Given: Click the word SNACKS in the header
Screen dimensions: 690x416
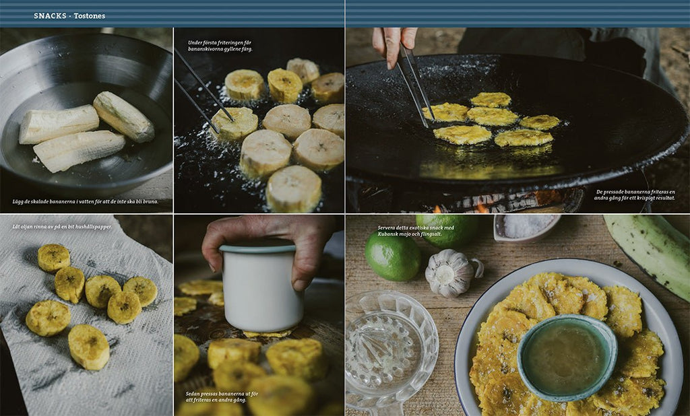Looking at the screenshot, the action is pos(50,16).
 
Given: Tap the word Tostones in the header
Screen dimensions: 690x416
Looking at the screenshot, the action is pos(90,16).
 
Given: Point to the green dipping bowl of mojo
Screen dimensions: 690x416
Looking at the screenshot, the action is pos(567,357).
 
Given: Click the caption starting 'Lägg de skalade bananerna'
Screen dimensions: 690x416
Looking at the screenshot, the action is pos(86,201).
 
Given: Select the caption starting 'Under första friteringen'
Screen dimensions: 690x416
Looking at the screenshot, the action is pos(220,46).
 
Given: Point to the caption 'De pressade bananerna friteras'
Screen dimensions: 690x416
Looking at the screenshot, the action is pos(635,195).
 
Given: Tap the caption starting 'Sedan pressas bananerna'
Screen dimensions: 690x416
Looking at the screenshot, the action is pos(222,396).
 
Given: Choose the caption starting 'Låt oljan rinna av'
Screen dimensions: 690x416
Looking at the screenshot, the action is pos(62,226).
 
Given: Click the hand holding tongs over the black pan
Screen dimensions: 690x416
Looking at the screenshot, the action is pos(393,44).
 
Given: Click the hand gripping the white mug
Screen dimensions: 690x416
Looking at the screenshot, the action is pos(268,246).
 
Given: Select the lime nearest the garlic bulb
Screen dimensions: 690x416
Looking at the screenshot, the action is pos(392,256).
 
